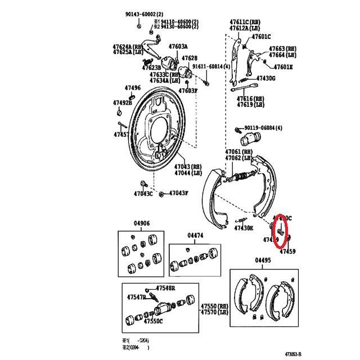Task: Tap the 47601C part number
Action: (x=261, y=37)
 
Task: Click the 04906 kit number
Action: (x=141, y=223)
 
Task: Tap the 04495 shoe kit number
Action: (x=262, y=260)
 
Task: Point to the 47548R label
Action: (x=166, y=287)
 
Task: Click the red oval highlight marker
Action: (x=281, y=232)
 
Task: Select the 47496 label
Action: (x=133, y=88)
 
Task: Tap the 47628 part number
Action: (x=189, y=58)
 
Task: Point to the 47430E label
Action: (x=244, y=228)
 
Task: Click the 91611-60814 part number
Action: (x=211, y=66)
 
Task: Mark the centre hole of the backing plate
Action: (x=159, y=130)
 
